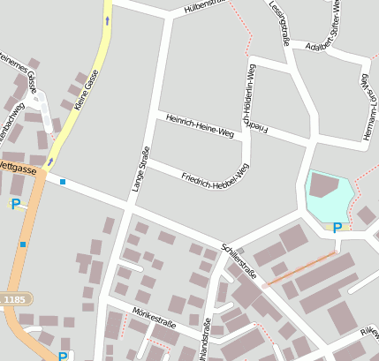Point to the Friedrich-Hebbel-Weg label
215,172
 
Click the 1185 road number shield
14,300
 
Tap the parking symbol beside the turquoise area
337,227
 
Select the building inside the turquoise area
324,185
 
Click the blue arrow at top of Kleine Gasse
108,19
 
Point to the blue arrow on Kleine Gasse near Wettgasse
50,162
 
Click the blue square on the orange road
23,244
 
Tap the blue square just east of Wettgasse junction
63,182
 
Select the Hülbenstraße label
206,7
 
